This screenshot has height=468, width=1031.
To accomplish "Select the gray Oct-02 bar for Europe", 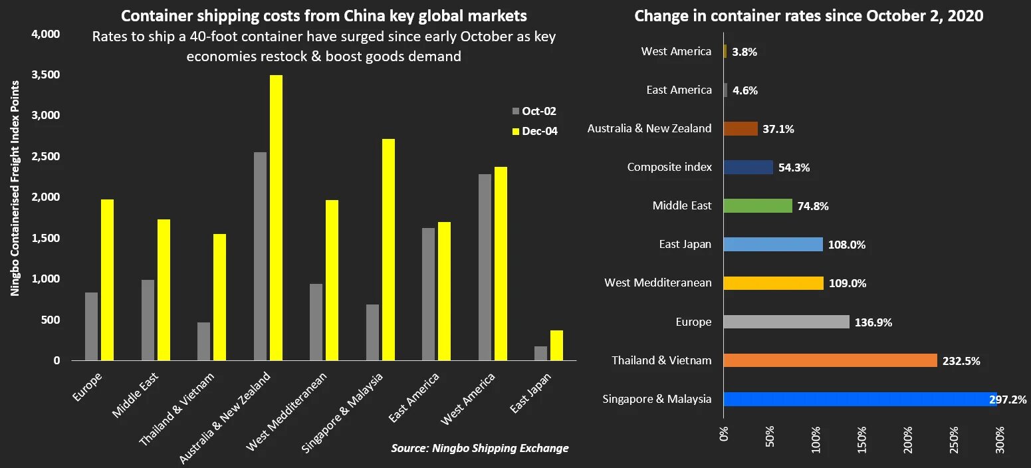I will point(91,326).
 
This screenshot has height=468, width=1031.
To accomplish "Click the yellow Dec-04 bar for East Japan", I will point(556,346).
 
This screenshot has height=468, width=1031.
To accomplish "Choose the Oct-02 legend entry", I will point(534,111).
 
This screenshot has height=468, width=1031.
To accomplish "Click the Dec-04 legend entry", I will point(534,132).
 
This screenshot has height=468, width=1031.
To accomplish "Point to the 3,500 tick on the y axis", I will point(47,75).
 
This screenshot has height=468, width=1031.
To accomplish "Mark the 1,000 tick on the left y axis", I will point(47,279).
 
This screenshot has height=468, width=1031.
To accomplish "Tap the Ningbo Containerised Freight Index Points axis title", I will point(15,188).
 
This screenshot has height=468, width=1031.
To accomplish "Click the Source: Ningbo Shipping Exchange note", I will point(479,448).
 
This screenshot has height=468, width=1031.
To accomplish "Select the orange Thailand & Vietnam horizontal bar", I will point(830,360).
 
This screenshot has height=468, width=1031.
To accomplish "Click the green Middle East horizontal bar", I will point(757,206).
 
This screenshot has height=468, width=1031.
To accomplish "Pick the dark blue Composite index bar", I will point(748,168).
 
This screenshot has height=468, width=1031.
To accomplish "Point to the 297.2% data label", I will point(1008,400).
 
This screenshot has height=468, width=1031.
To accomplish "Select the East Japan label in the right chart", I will point(685,245).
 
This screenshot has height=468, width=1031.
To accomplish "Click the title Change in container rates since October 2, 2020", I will point(808,16).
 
